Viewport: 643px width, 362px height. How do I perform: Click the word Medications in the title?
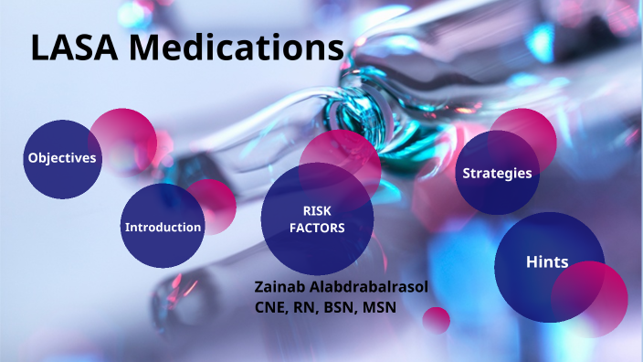[x=241, y=47]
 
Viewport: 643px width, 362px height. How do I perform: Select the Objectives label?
[x=62, y=158]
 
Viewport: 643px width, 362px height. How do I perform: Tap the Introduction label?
[x=163, y=227]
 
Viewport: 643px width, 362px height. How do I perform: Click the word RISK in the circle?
[x=317, y=210]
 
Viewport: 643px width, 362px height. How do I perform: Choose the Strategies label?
[x=497, y=173]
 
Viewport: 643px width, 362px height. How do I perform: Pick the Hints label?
[x=547, y=262]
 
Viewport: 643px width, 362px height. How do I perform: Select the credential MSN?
[x=378, y=307]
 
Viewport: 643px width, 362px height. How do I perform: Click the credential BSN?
[x=339, y=307]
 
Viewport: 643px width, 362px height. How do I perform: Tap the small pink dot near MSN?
[x=437, y=320]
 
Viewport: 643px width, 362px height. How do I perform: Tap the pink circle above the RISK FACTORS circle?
[x=340, y=151]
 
